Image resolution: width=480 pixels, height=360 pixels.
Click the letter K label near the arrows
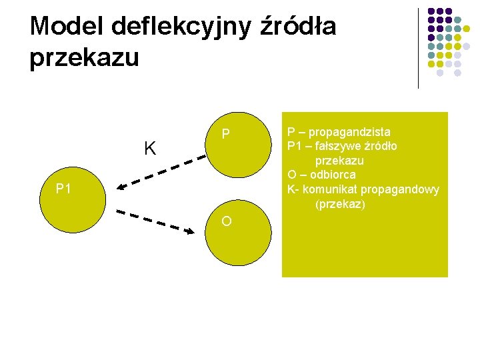point(151,148)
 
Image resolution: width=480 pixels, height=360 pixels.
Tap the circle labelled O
point(238,233)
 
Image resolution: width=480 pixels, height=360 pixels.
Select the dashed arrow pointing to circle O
point(159,221)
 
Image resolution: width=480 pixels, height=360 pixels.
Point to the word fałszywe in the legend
point(344,146)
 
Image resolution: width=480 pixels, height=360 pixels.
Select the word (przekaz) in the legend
point(340,204)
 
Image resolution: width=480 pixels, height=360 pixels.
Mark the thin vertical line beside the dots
point(418,48)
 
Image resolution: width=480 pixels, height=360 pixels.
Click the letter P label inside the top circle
point(226,135)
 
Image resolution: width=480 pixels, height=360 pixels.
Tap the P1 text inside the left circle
point(64,189)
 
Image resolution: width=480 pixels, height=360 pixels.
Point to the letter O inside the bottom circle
point(227,221)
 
